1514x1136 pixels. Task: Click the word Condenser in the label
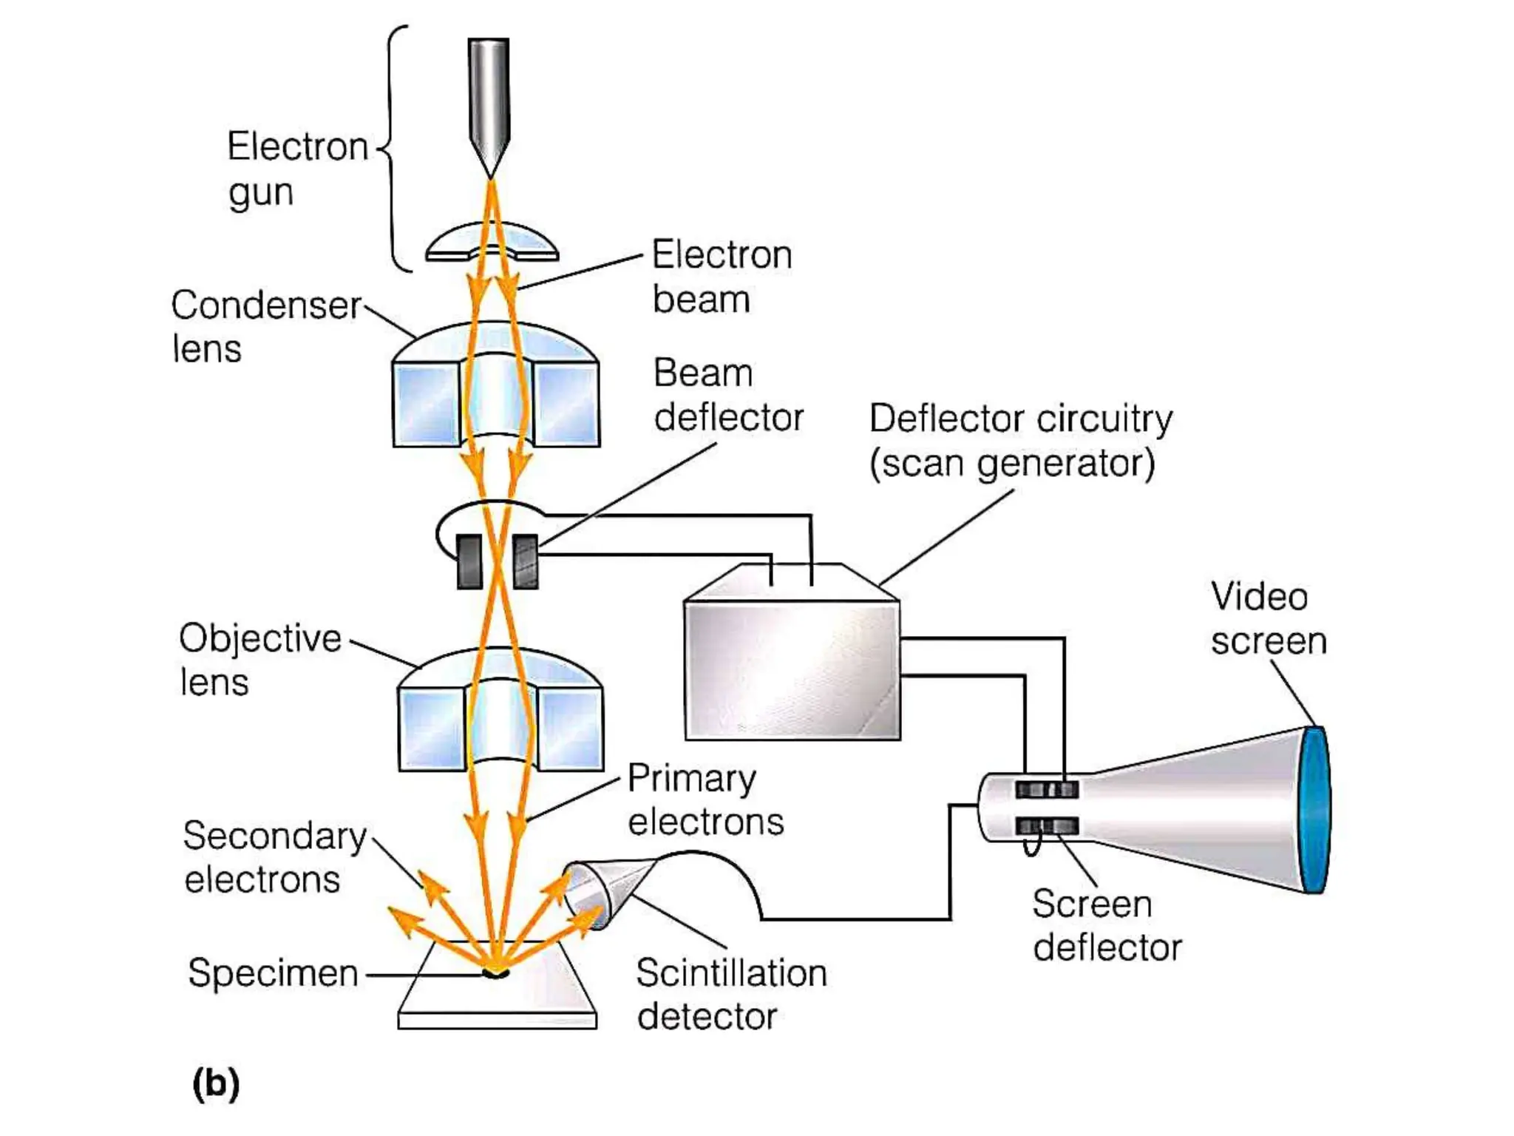[x=265, y=305]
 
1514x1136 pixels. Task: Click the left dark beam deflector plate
[x=469, y=561]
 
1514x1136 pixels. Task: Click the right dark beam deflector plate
[x=525, y=561]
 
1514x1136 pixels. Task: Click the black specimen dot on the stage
[x=495, y=972]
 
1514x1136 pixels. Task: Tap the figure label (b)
[x=216, y=1083]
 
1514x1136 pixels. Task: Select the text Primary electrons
[x=705, y=800]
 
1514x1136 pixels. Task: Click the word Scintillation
[x=730, y=973]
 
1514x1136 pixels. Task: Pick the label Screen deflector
[x=1106, y=925]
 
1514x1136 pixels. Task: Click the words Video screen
[x=1267, y=619]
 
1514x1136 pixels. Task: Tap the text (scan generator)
[x=1011, y=464]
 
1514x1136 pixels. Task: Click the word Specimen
[x=273, y=973]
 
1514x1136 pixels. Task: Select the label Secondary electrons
[x=274, y=857]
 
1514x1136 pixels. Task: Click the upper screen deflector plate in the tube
[x=1046, y=790]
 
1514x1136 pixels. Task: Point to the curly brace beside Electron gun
[x=393, y=148]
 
